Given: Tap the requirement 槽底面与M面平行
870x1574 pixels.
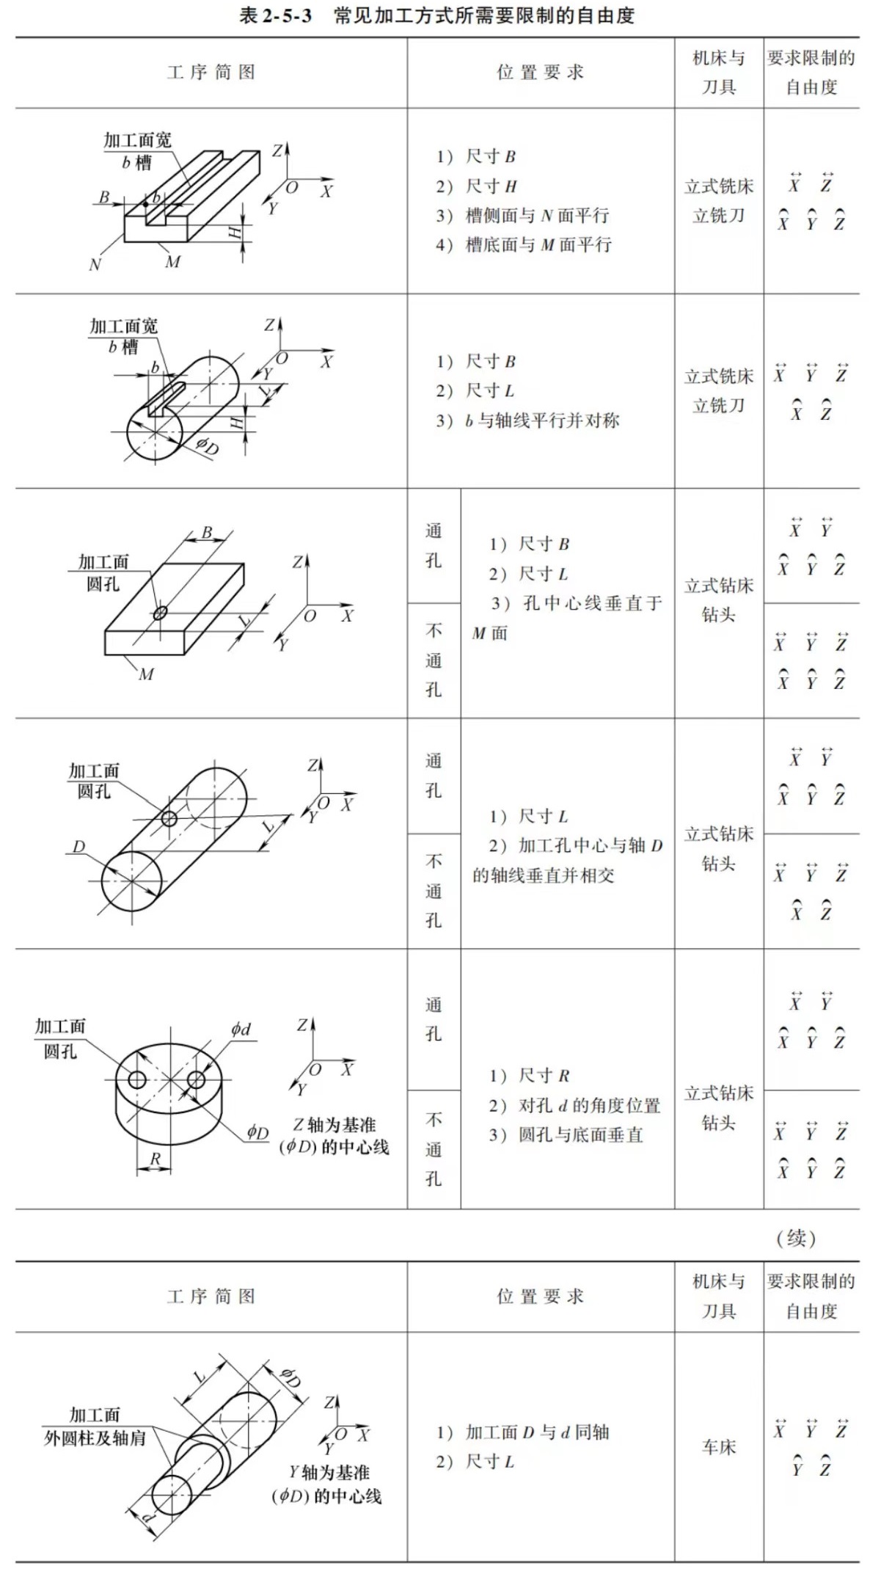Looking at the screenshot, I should tap(538, 245).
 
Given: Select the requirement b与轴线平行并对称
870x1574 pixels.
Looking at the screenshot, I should tap(542, 420).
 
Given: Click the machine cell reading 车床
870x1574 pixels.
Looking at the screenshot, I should tap(718, 1446).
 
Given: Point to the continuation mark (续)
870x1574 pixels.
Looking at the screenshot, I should tap(796, 1238).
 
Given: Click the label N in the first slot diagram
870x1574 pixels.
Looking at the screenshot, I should tap(95, 265).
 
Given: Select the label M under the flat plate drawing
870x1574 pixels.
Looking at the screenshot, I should tap(146, 674).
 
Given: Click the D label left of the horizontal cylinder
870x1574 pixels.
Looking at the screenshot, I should tap(78, 846).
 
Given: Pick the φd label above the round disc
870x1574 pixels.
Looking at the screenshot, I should tap(241, 1029).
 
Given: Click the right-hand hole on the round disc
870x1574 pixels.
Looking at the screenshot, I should tap(196, 1079).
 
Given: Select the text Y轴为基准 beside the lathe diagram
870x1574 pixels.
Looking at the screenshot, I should tap(329, 1472).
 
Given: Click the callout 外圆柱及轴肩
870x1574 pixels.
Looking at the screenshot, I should tap(95, 1438).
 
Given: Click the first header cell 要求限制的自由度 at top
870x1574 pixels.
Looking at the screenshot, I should tap(811, 72).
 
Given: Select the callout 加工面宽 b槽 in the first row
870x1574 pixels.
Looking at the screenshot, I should tap(137, 150).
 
